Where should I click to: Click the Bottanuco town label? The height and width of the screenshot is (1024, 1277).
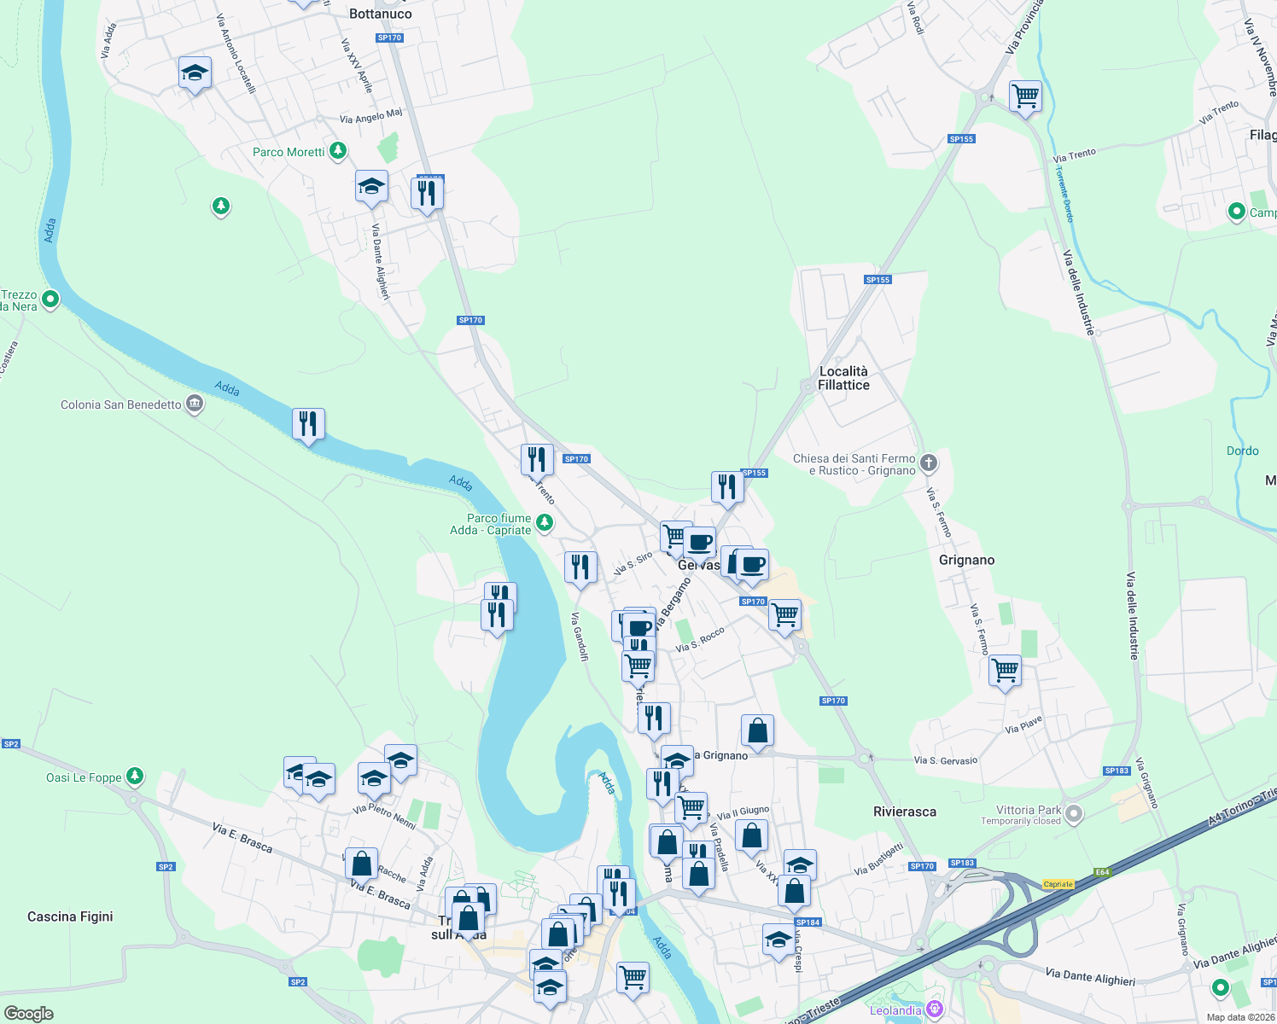[x=381, y=14]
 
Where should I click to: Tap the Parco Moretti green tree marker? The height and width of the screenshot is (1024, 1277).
[x=338, y=151]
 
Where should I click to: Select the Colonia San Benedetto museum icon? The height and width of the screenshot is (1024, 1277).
[x=195, y=404]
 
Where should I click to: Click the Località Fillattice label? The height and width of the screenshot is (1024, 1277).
[x=843, y=378]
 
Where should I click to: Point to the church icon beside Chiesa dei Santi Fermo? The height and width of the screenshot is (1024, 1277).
[x=929, y=463]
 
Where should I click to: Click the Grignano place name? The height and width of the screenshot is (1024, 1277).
[x=966, y=560]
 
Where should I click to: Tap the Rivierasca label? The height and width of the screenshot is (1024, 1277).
[x=905, y=812]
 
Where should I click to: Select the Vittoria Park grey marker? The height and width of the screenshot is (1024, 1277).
[x=1074, y=814]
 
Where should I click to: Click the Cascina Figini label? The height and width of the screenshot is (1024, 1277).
[x=70, y=916]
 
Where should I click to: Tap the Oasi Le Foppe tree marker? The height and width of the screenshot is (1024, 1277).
[x=134, y=777]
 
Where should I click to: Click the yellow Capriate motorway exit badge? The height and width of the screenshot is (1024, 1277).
[x=1058, y=884]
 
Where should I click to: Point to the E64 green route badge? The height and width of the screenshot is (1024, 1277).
[x=1103, y=872]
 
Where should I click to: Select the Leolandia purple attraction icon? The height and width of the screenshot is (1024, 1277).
[x=935, y=1010]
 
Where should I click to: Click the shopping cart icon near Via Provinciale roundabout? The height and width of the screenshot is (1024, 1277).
[x=1025, y=96]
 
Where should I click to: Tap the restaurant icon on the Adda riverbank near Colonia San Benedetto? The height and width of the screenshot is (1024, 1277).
[x=308, y=423]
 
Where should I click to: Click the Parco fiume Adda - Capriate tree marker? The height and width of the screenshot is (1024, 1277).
[x=544, y=522]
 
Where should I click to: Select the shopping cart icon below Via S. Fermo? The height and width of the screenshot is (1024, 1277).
[x=1006, y=671]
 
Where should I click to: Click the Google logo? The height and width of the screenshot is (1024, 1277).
[x=28, y=1014]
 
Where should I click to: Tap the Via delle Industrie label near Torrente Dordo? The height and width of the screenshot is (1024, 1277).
[x=1078, y=291]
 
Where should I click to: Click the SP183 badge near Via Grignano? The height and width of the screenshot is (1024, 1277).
[x=1117, y=771]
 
